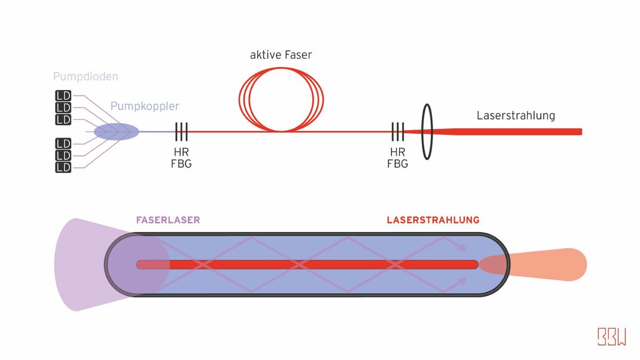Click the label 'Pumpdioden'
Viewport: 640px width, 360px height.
pyautogui.click(x=85, y=77)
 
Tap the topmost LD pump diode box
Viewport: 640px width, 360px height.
pyautogui.click(x=63, y=96)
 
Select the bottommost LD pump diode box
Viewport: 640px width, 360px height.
pyautogui.click(x=63, y=167)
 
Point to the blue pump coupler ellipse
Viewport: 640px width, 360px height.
pyautogui.click(x=116, y=131)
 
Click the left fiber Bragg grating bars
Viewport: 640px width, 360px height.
pyautogui.click(x=181, y=131)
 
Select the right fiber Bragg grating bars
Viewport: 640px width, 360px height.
pyautogui.click(x=397, y=131)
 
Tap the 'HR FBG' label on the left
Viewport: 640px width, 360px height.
pyautogui.click(x=181, y=158)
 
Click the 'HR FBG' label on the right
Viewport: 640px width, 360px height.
pyautogui.click(x=397, y=158)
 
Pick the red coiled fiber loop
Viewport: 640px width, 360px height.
pyautogui.click(x=281, y=100)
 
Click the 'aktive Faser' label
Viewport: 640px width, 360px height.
pyautogui.click(x=281, y=55)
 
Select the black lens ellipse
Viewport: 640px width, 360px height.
pyautogui.click(x=427, y=131)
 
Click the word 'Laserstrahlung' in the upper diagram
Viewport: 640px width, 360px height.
pyautogui.click(x=516, y=116)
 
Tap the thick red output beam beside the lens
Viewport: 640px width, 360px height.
pyautogui.click(x=512, y=132)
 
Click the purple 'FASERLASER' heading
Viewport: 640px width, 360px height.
pyautogui.click(x=167, y=220)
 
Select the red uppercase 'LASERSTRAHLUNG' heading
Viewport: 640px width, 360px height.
pyautogui.click(x=433, y=220)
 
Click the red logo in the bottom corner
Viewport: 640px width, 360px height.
pyautogui.click(x=612, y=337)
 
